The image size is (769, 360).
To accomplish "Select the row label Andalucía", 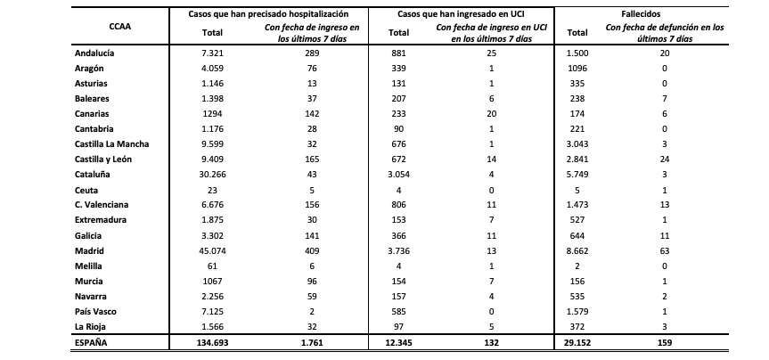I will [97, 53].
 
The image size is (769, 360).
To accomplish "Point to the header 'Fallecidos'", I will [645, 15].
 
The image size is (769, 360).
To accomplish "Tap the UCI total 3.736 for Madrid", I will [397, 252].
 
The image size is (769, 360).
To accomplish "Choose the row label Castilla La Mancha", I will [111, 143].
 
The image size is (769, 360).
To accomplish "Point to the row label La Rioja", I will [92, 328].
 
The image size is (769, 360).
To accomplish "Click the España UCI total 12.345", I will [397, 343].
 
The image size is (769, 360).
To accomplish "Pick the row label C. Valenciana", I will [102, 204].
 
